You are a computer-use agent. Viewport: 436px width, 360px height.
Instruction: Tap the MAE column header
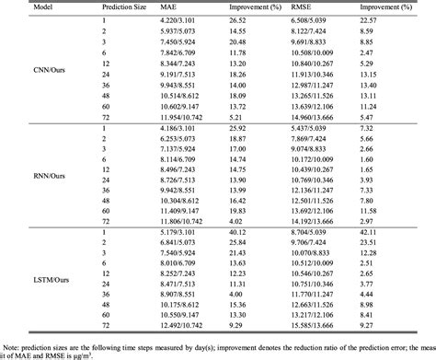170,6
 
